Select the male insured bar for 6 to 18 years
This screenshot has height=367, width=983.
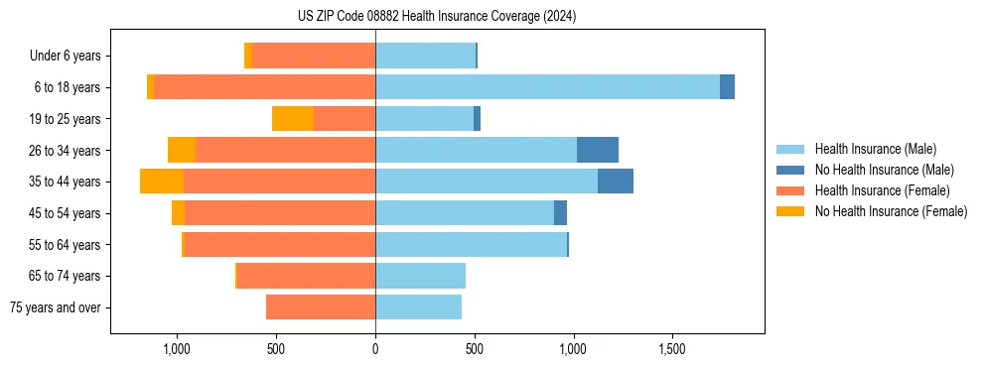(547, 87)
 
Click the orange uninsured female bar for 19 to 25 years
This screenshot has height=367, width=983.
(293, 119)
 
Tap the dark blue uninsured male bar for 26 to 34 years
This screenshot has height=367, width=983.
(598, 150)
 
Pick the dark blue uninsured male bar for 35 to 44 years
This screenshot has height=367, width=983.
(616, 182)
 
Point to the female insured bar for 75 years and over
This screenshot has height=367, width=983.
(321, 307)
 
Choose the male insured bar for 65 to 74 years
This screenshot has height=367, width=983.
(420, 276)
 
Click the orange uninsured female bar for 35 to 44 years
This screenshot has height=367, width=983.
(162, 182)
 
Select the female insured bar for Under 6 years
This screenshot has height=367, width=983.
(314, 56)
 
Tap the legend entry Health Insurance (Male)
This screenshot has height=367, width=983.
(875, 149)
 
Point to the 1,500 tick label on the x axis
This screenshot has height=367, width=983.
(672, 350)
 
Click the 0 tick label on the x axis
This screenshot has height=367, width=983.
(375, 350)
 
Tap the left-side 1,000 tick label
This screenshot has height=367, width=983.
(177, 350)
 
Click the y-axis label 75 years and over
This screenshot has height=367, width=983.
(56, 307)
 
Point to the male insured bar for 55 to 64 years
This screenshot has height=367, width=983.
(471, 244)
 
